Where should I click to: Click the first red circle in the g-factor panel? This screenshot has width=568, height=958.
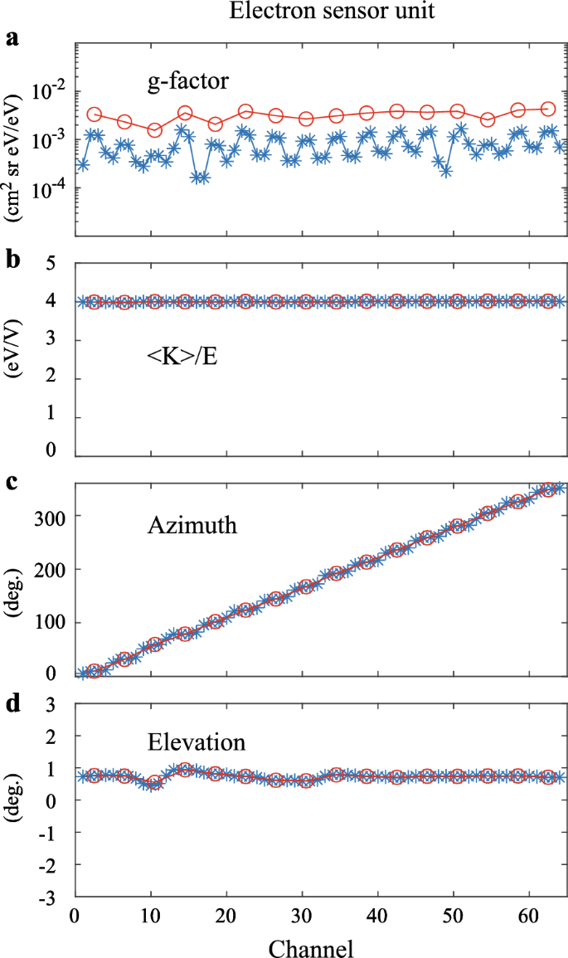95,114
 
